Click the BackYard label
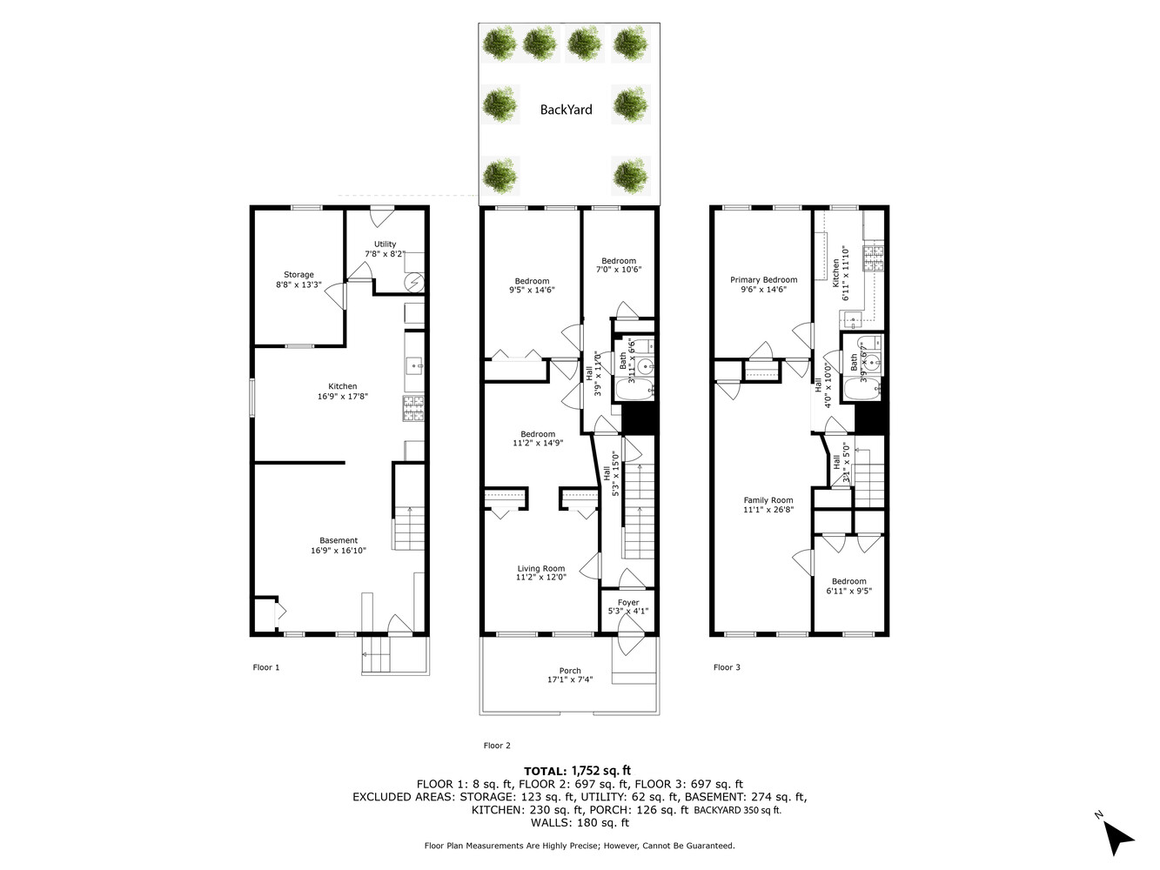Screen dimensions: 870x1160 click(566, 110)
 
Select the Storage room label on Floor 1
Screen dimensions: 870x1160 click(298, 275)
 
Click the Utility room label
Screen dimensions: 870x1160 click(385, 244)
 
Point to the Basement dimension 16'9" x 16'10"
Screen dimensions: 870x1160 click(339, 551)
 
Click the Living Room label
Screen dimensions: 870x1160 click(540, 569)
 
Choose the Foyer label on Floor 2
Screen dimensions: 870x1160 click(628, 602)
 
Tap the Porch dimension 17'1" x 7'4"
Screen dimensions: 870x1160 click(570, 680)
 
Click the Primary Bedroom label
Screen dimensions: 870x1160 click(763, 280)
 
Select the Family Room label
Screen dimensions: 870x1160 click(768, 500)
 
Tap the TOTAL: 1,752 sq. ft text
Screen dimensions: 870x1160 click(577, 771)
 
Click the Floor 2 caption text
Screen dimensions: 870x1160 click(497, 746)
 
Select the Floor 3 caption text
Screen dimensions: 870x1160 click(727, 667)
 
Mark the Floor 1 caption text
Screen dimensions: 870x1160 click(266, 667)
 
